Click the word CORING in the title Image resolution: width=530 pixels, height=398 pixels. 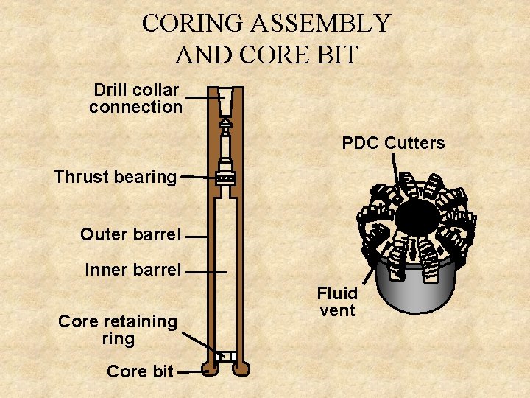tap(193, 24)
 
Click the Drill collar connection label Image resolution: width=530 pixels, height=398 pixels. tap(136, 99)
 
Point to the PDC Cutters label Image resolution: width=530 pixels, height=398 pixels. tap(394, 143)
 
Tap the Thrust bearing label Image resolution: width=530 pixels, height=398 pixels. tap(116, 177)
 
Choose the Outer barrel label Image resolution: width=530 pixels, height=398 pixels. tap(130, 235)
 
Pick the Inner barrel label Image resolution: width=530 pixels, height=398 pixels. tap(132, 270)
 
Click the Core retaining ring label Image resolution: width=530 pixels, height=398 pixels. tap(118, 330)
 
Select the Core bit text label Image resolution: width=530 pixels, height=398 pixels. tap(140, 372)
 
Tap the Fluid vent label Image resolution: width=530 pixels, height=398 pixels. tap(337, 302)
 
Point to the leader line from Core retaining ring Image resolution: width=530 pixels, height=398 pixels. tap(200, 343)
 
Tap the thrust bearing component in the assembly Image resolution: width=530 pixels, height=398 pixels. tap(226, 178)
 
